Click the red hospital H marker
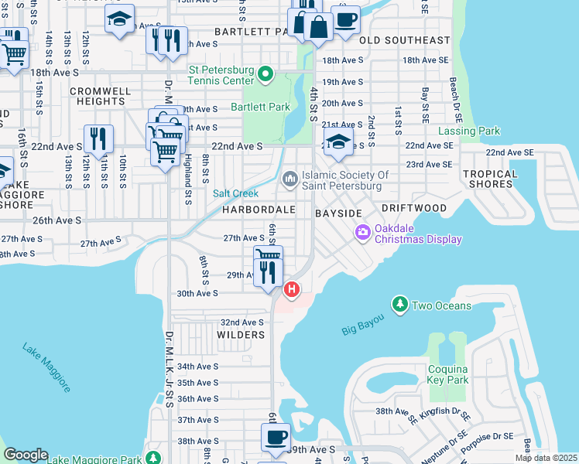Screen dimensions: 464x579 pyautogui.click(x=292, y=291)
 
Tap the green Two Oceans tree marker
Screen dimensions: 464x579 pyautogui.click(x=399, y=305)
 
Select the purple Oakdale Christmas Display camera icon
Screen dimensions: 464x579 pyautogui.click(x=362, y=232)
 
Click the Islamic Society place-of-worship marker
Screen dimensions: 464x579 pyautogui.click(x=290, y=179)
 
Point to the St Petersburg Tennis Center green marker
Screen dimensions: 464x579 pyautogui.click(x=266, y=75)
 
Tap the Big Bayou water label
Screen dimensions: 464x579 pyautogui.click(x=364, y=325)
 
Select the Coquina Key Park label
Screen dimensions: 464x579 pyautogui.click(x=448, y=374)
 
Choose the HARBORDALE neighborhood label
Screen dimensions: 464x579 pyautogui.click(x=259, y=210)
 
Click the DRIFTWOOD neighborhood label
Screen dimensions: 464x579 pyautogui.click(x=413, y=209)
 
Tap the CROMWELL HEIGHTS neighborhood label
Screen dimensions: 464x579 pyautogui.click(x=101, y=96)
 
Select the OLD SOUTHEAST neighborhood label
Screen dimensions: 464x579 pyautogui.click(x=405, y=39)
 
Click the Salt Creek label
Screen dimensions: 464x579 pyautogui.click(x=235, y=193)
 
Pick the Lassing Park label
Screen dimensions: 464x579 pyautogui.click(x=469, y=131)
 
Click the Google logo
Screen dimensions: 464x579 pyautogui.click(x=26, y=455)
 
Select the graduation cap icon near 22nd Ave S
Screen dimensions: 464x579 pyautogui.click(x=338, y=142)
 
